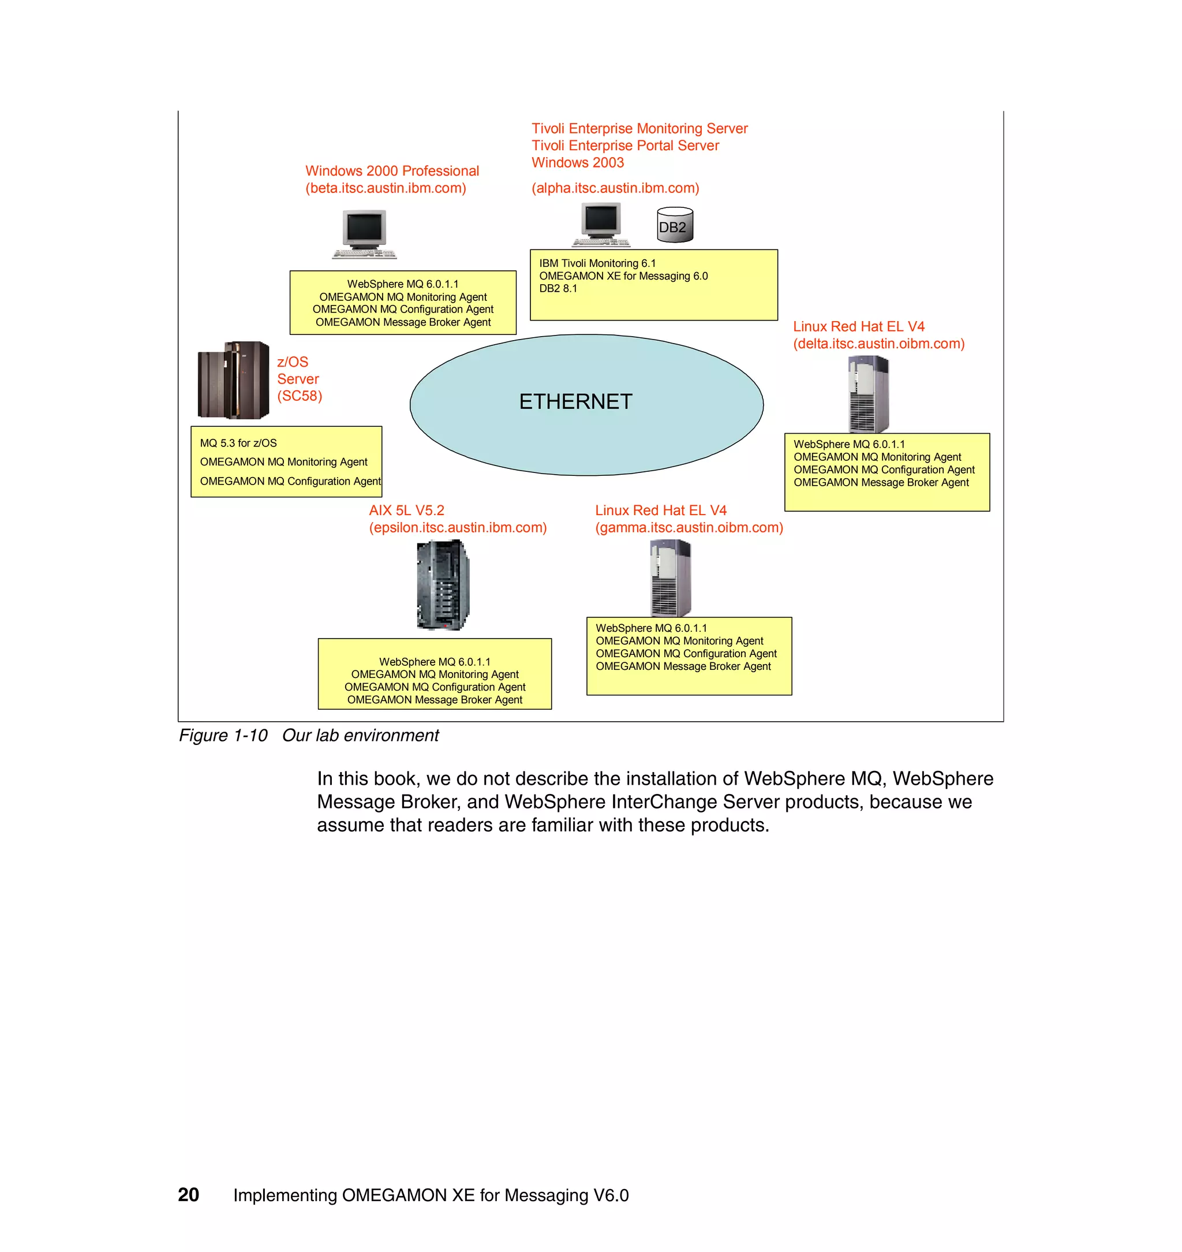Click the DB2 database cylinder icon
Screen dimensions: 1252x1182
[675, 226]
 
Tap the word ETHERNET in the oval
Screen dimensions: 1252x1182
[575, 401]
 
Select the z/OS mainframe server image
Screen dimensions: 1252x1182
[233, 380]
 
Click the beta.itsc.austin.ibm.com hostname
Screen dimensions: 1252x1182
[386, 188]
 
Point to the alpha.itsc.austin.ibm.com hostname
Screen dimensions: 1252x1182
[615, 188]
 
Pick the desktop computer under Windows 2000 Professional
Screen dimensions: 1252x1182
[364, 234]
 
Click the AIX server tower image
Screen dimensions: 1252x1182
[444, 585]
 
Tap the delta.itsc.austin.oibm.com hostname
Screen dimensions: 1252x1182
[878, 344]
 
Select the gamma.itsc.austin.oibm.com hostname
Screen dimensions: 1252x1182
[689, 528]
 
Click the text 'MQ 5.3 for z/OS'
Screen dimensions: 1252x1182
[238, 443]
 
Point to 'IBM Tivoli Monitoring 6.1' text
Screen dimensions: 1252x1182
[597, 263]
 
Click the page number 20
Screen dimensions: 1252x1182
[188, 1195]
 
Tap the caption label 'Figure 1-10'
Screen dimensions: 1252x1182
[223, 735]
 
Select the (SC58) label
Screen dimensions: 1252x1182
[300, 396]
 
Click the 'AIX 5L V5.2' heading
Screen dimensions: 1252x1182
[406, 511]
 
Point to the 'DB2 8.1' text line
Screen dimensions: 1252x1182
[558, 289]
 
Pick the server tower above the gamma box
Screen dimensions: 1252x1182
[671, 578]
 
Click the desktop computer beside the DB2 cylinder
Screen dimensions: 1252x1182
[601, 225]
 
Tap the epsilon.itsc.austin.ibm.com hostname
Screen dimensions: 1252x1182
[458, 528]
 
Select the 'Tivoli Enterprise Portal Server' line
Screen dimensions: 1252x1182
[625, 146]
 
